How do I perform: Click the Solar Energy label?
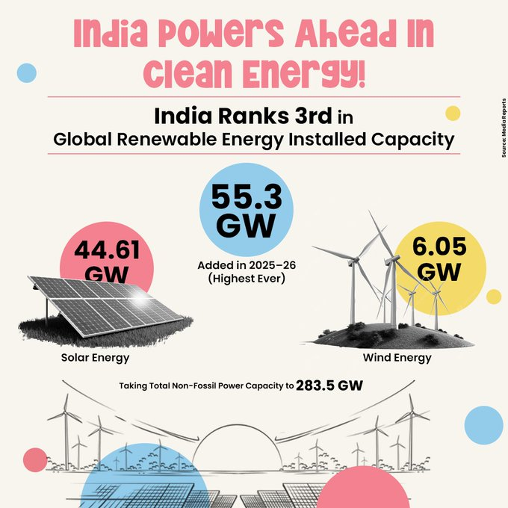pos(95,357)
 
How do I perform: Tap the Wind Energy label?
pos(397,357)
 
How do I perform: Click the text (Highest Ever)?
pos(246,279)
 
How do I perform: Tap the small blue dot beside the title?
pos(26,72)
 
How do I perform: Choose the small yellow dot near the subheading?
pos(452,114)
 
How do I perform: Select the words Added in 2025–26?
pos(246,265)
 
